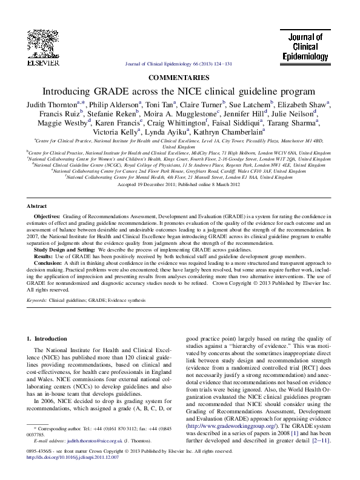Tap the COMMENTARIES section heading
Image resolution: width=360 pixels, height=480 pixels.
pyautogui.click(x=179, y=77)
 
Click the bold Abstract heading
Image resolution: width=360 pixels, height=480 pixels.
pyautogui.click(x=40, y=206)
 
